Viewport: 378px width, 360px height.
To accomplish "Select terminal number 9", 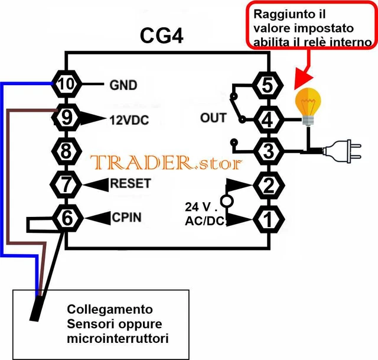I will (x=67, y=118).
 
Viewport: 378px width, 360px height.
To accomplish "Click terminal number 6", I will (x=67, y=218).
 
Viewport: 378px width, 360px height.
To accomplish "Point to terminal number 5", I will (x=268, y=86).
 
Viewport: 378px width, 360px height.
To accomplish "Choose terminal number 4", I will (x=268, y=120).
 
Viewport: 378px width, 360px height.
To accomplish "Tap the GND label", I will (x=123, y=85).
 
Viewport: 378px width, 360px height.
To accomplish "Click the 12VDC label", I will (x=129, y=120).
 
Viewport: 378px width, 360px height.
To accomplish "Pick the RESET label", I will (x=130, y=183).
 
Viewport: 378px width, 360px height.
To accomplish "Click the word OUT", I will (x=213, y=118).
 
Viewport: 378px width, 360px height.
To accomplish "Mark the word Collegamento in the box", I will (x=110, y=310).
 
